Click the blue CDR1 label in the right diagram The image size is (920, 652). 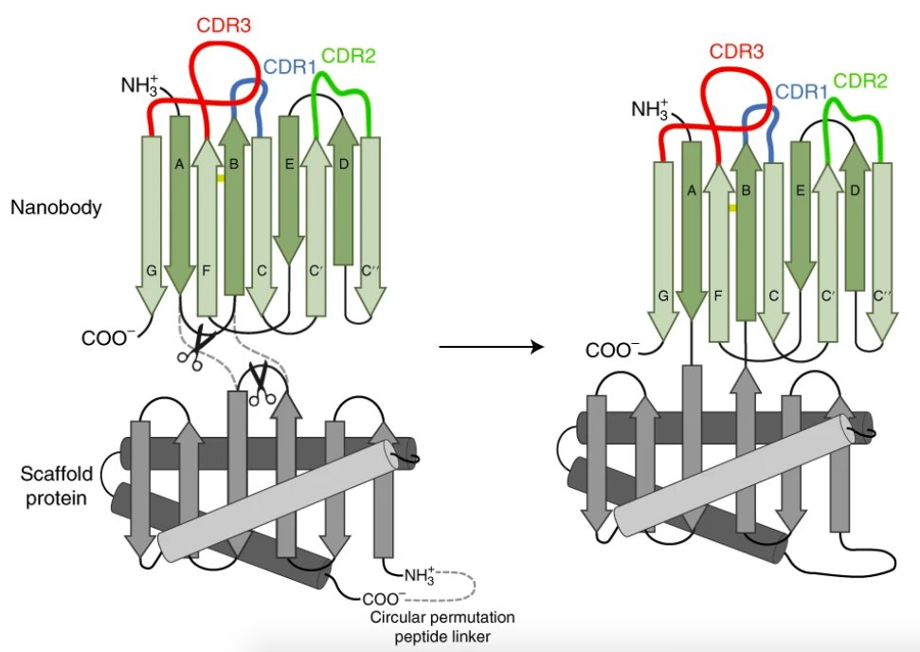[x=803, y=92]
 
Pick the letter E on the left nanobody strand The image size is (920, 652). [x=290, y=163]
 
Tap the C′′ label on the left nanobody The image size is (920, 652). [x=371, y=268]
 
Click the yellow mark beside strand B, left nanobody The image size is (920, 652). [x=220, y=176]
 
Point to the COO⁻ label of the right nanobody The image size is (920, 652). [x=613, y=350]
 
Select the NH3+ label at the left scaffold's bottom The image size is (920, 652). [x=423, y=574]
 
